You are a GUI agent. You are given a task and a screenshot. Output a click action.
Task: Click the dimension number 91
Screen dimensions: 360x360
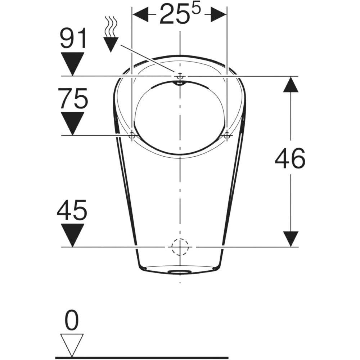pos(73,38)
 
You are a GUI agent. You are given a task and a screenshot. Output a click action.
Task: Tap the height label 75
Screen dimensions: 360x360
pos(73,98)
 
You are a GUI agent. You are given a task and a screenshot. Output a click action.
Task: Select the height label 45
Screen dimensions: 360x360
pos(72,210)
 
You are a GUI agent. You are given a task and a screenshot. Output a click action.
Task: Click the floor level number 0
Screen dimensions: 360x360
pos(72,320)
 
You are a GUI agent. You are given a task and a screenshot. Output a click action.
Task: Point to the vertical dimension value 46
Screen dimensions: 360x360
pos(290,158)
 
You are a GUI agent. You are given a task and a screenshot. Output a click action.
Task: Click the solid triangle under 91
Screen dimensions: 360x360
pos(73,64)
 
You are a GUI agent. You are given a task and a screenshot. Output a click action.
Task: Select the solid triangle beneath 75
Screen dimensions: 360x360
pos(73,123)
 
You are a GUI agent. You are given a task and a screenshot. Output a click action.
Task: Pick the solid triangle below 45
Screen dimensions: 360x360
pos(73,235)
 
